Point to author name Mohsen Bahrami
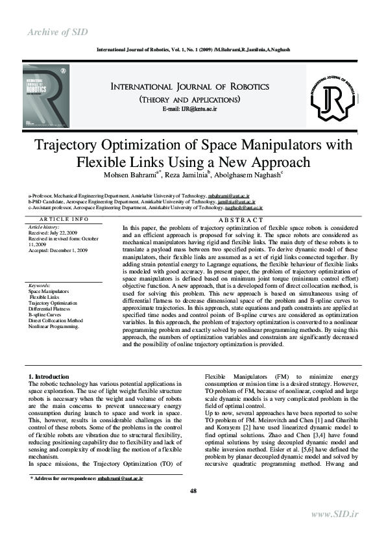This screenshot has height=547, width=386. pos(125,174)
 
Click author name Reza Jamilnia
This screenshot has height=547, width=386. pos(189,174)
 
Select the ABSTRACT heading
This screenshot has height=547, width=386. pos(240,220)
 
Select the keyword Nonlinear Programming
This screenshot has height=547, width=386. pos(54,326)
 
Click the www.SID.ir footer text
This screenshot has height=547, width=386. pos(335,515)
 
